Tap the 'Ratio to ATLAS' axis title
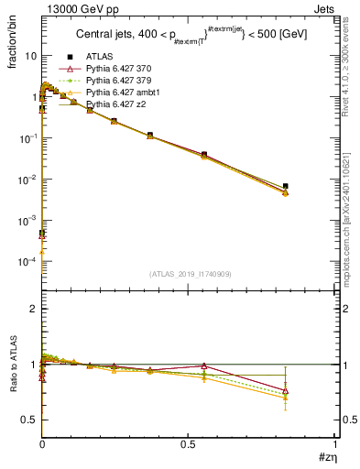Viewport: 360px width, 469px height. tap(12, 370)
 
